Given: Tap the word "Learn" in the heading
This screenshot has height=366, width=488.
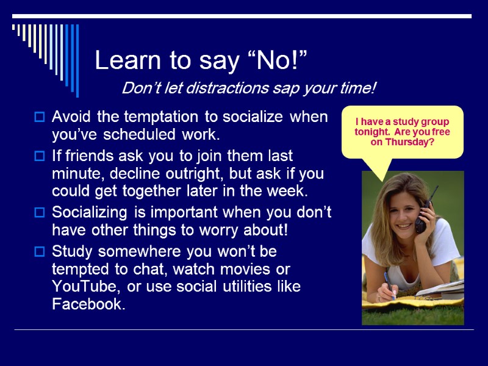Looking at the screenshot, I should [124, 61].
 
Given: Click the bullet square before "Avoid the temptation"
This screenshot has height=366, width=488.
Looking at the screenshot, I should [40, 117].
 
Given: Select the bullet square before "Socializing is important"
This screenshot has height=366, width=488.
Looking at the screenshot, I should [40, 213].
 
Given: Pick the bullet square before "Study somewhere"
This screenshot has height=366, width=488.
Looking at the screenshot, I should [40, 252].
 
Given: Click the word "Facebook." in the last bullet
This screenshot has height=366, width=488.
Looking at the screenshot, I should [89, 304].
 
